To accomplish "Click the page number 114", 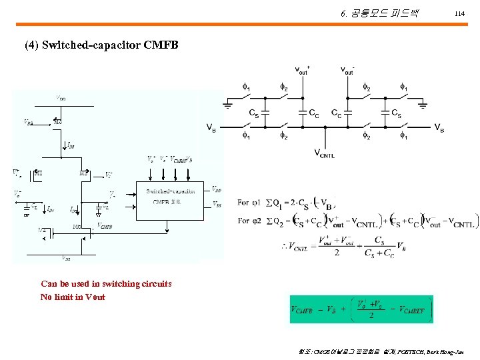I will (x=458, y=13).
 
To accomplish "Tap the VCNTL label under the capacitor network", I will (x=324, y=154).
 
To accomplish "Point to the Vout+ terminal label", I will (x=302, y=69).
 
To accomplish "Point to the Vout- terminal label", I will (x=347, y=69).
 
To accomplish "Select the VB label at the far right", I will (x=440, y=127).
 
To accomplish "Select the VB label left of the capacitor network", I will (x=210, y=127).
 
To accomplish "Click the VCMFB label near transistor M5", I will (x=105, y=225).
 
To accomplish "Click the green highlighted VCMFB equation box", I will (x=361, y=309).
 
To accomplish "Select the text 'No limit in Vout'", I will (x=73, y=297).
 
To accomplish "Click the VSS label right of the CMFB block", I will (x=217, y=203).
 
